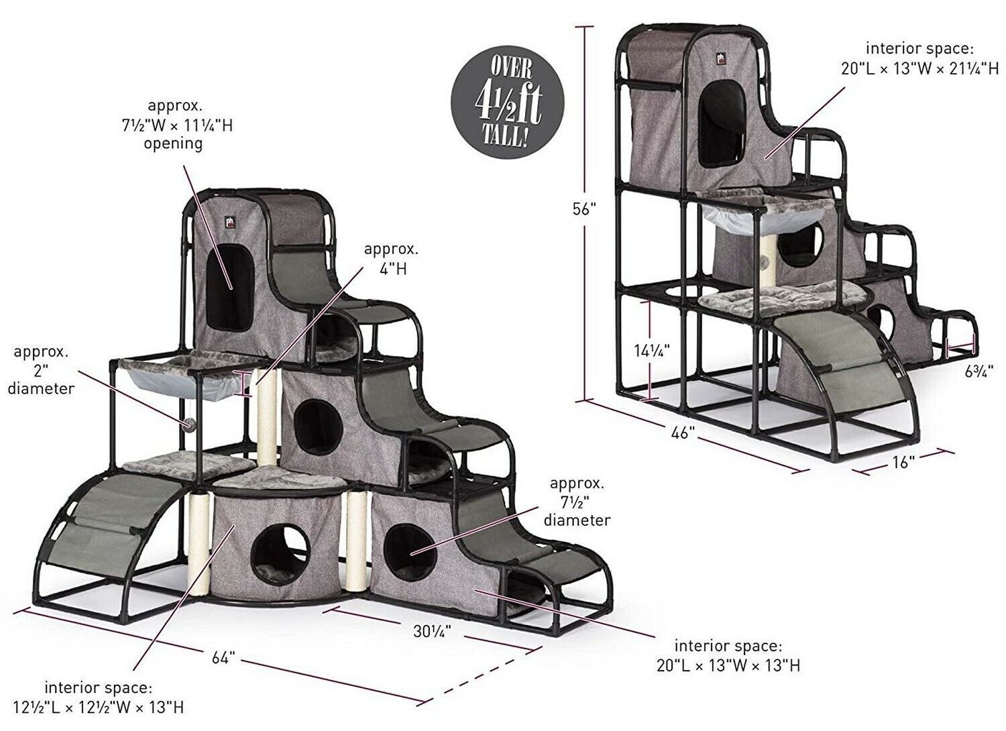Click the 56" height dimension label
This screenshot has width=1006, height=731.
click(584, 210)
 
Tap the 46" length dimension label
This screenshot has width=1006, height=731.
click(682, 433)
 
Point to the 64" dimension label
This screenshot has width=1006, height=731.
click(223, 659)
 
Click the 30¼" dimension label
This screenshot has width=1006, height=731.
click(432, 631)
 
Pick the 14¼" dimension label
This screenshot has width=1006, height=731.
click(652, 349)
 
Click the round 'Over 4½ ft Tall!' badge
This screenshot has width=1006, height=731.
click(508, 101)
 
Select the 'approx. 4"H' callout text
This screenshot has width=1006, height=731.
click(391, 259)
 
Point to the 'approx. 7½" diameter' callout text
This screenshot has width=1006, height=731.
click(577, 502)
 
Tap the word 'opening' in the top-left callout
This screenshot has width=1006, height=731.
click(173, 144)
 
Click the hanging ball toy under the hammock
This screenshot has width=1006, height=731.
click(188, 423)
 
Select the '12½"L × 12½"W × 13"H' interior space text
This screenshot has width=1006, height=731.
click(99, 708)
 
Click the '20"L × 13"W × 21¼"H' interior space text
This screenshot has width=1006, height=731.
click(919, 68)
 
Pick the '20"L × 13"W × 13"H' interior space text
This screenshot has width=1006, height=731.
click(728, 665)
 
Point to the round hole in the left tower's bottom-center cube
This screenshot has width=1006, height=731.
click(280, 555)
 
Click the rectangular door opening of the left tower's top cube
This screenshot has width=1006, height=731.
click(231, 288)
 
